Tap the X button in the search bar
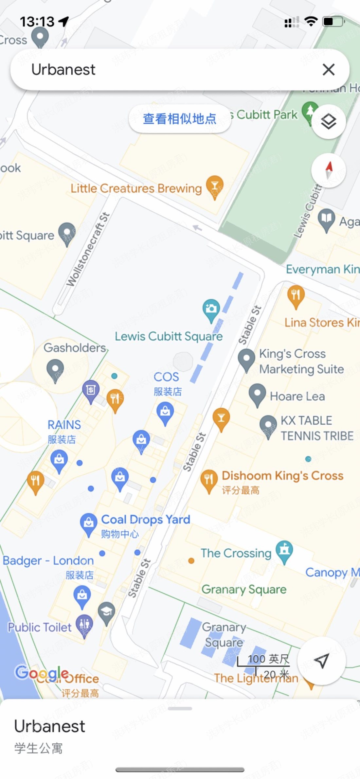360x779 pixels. [328, 69]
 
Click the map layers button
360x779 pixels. [328, 122]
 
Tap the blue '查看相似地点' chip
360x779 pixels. [180, 118]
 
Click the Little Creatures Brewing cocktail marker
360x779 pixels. [214, 186]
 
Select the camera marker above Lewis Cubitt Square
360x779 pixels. [211, 309]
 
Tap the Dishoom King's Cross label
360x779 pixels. [282, 475]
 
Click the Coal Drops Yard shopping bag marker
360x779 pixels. [88, 522]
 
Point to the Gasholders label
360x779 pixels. [75, 347]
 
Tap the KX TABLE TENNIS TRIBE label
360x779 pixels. [317, 428]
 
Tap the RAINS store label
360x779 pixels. [64, 425]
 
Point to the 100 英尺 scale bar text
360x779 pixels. [268, 659]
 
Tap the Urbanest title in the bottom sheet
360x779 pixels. [50, 726]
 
